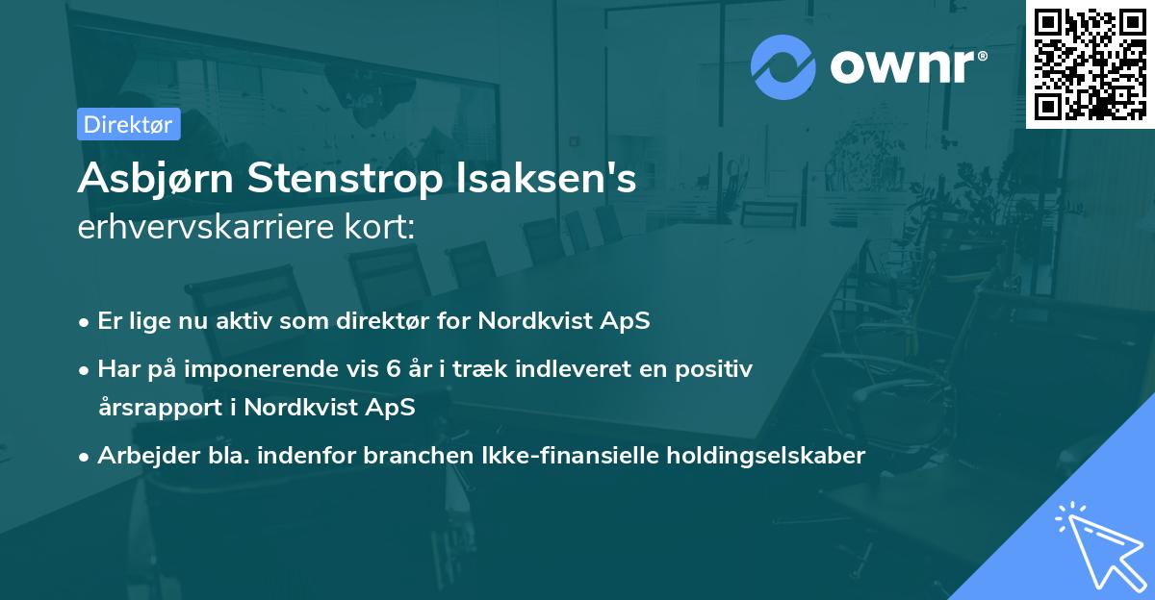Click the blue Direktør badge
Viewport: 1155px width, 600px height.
(x=128, y=124)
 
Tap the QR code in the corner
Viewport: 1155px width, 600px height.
(x=1091, y=63)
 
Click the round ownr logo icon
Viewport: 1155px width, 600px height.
(x=783, y=66)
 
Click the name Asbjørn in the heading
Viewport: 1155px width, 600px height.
(x=155, y=179)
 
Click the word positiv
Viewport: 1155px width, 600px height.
(x=716, y=369)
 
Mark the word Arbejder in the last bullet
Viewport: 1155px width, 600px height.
(x=141, y=456)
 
